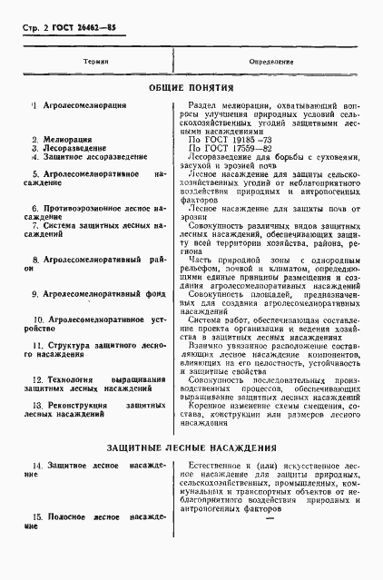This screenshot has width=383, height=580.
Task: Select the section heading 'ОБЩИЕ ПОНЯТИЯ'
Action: point(191,89)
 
